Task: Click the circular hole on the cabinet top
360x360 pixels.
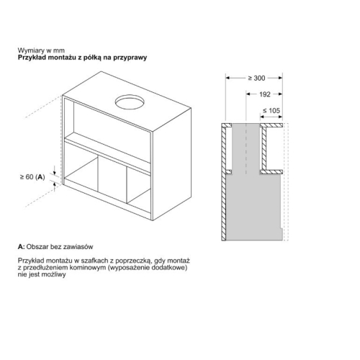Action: pyautogui.click(x=130, y=102)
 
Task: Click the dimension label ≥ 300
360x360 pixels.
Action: pyautogui.click(x=256, y=78)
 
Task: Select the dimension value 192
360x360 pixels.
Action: pyautogui.click(x=265, y=94)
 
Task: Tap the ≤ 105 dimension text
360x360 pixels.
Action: pyautogui.click(x=271, y=111)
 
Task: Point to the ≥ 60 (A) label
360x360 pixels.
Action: pyautogui.click(x=32, y=177)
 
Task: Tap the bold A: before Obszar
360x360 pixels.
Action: pyautogui.click(x=21, y=247)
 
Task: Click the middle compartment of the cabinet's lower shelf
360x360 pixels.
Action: pyautogui.click(x=112, y=178)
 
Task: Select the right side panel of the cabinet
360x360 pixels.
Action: pyautogui.click(x=171, y=163)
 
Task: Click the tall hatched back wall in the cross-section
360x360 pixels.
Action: pyautogui.click(x=224, y=182)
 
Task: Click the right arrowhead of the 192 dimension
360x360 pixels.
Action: pyautogui.click(x=280, y=94)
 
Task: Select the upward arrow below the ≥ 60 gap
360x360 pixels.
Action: pyautogui.click(x=55, y=186)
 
